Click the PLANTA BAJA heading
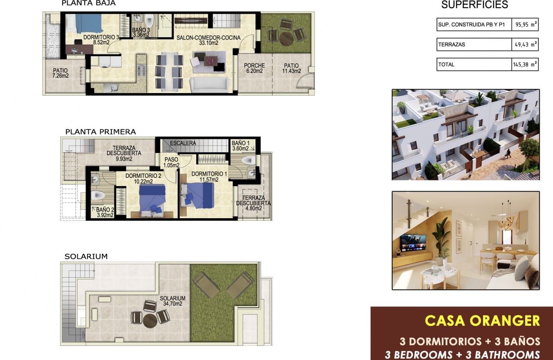(x=88, y=3)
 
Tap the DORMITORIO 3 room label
(x=101, y=40)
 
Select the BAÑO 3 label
(x=141, y=32)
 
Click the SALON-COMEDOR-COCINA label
(x=208, y=40)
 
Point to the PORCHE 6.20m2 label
(x=254, y=68)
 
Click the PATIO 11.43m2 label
(x=292, y=68)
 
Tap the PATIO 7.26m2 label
(x=60, y=73)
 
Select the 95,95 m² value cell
(x=525, y=24)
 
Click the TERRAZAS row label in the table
(x=451, y=45)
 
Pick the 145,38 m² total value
(x=525, y=64)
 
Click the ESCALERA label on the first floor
(x=183, y=143)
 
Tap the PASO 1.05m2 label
(x=171, y=162)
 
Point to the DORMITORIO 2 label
(x=143, y=178)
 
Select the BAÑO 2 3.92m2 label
(x=105, y=212)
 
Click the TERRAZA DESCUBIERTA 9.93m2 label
(x=124, y=153)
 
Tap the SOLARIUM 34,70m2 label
(x=173, y=301)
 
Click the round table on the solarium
(x=150, y=321)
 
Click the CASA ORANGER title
(x=482, y=321)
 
